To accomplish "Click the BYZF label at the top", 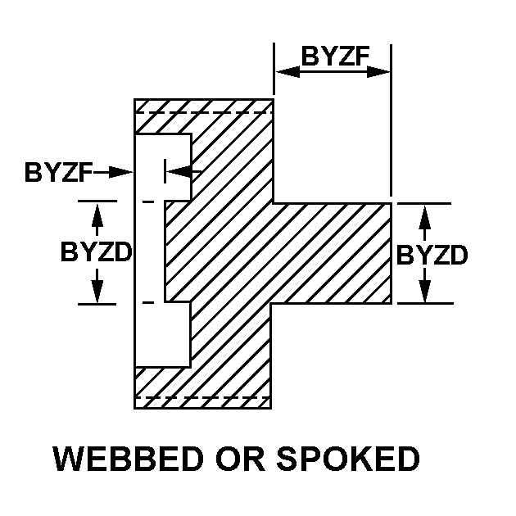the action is (x=335, y=56).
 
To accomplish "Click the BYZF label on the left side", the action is (x=58, y=172).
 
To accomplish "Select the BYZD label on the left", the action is (x=97, y=251).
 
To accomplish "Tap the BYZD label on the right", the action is (x=432, y=255).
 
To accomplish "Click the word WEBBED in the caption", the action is (x=128, y=459).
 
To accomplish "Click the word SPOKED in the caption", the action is (x=348, y=459).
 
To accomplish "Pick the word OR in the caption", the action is (x=240, y=459).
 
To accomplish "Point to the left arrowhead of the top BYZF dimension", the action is (x=287, y=72).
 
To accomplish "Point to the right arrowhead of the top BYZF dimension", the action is (x=378, y=72).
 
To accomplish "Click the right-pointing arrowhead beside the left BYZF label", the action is (x=120, y=172).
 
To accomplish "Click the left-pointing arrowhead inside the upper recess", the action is (x=179, y=171).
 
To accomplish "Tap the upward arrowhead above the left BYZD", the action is (x=97, y=215).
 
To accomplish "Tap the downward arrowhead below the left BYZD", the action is (x=97, y=291).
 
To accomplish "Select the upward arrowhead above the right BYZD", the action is (x=425, y=218).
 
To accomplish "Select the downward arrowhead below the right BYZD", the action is (x=425, y=290).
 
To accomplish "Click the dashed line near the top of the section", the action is (x=204, y=112).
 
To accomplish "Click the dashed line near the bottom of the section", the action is (x=203, y=397).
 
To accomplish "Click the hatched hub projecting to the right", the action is (x=331, y=253).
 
